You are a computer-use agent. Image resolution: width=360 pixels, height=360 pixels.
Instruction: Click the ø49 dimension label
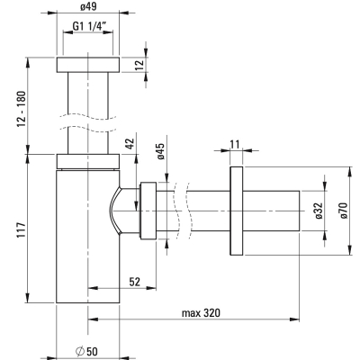point(88,6)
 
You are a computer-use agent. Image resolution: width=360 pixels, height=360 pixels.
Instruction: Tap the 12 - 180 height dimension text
point(22,108)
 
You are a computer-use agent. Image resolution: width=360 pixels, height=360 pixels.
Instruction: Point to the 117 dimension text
point(22,230)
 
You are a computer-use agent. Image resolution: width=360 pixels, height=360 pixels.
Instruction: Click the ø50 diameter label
point(86,351)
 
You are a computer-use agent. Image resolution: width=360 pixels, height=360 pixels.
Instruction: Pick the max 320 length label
point(201,313)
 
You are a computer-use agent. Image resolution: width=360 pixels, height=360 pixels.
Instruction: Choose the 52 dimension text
point(135,282)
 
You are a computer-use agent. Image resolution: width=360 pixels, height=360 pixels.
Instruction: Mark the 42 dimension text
point(130,143)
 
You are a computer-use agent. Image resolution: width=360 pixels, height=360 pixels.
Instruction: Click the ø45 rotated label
point(160,151)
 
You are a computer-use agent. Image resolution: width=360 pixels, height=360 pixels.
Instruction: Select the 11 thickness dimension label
point(235,144)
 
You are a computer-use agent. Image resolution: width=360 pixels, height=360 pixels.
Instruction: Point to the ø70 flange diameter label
point(343,211)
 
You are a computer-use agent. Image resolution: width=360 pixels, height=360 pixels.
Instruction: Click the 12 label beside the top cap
point(139,64)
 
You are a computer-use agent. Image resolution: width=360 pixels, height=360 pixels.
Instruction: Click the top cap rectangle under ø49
point(88,65)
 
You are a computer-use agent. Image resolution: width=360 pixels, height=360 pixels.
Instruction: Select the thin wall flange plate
point(237,211)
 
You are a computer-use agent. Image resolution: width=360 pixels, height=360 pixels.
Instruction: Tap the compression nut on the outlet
point(148,211)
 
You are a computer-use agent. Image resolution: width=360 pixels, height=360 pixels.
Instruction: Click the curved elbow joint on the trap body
point(114,211)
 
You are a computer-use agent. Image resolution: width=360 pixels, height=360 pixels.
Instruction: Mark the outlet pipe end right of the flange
point(271,211)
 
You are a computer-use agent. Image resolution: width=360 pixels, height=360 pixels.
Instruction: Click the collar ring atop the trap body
point(88,161)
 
